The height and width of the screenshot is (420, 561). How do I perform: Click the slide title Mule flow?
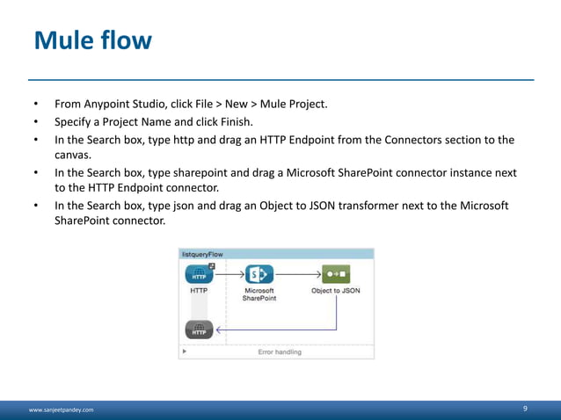pyautogui.click(x=92, y=40)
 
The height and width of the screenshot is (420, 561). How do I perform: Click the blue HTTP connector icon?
pyautogui.click(x=200, y=273)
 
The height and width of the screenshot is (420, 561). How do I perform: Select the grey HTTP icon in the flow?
pyautogui.click(x=200, y=330)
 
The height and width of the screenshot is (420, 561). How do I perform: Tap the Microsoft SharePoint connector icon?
pyautogui.click(x=259, y=273)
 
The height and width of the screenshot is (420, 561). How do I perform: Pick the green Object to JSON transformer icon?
pyautogui.click(x=335, y=273)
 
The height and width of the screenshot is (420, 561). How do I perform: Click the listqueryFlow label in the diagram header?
pyautogui.click(x=203, y=254)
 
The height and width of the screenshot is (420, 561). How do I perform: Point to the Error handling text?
pyautogui.click(x=280, y=351)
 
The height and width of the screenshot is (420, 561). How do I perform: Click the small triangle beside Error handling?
pyautogui.click(x=184, y=351)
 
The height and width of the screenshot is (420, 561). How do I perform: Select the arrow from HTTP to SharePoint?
pyautogui.click(x=229, y=273)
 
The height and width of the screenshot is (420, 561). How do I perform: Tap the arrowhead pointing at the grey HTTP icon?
pyautogui.click(x=218, y=330)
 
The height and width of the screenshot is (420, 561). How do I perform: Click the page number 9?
pyautogui.click(x=525, y=409)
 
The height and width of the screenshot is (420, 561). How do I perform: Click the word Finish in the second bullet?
pyautogui.click(x=235, y=122)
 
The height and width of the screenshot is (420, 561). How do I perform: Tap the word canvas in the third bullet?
pyautogui.click(x=74, y=155)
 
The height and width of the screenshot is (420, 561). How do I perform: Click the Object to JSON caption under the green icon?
pyautogui.click(x=336, y=291)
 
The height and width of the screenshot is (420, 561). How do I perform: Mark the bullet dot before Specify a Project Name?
pyautogui.click(x=36, y=122)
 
